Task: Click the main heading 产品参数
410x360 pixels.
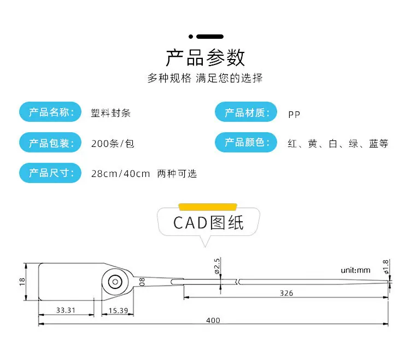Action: [x=205, y=58]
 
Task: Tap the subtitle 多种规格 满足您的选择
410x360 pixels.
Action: [x=205, y=78]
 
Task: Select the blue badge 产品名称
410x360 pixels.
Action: [x=50, y=112]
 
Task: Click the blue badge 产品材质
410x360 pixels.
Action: [x=246, y=112]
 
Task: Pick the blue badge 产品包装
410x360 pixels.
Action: [x=50, y=143]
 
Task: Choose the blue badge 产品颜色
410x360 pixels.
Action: [x=246, y=143]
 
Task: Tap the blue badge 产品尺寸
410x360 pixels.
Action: [x=50, y=173]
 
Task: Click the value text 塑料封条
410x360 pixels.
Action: [x=110, y=113]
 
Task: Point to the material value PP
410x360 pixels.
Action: [x=294, y=114]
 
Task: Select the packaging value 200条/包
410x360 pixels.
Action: [x=113, y=144]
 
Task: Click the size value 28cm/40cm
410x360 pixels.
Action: [x=121, y=174]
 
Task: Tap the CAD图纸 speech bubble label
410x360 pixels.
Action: [x=208, y=222]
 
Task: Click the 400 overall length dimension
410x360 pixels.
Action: [x=213, y=320]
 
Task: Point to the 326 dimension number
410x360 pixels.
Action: [x=286, y=293]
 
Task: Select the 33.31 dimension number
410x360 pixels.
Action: [x=66, y=310]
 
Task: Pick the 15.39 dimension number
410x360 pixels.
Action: [x=118, y=311]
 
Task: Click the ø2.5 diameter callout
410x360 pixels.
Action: [x=217, y=266]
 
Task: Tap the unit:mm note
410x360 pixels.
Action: [x=355, y=270]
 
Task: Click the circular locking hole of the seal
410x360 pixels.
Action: [x=115, y=282]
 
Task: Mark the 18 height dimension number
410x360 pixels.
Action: [x=22, y=282]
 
